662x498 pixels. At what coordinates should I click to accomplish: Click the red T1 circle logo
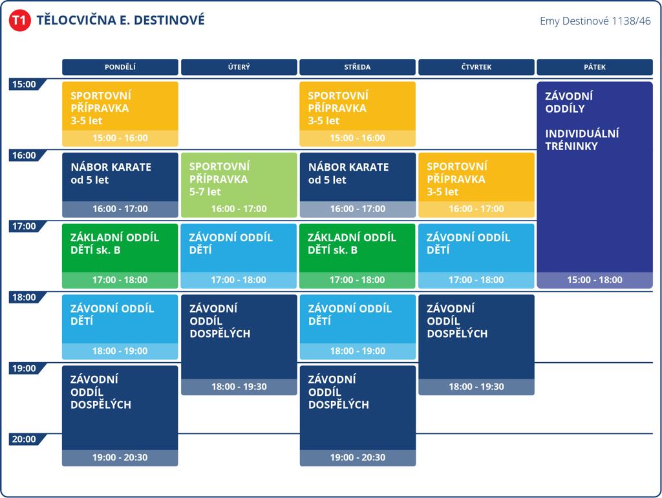pyautogui.click(x=19, y=20)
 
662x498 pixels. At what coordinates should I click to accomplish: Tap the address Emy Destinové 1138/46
pyautogui.click(x=595, y=21)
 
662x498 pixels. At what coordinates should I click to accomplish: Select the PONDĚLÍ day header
pyautogui.click(x=120, y=67)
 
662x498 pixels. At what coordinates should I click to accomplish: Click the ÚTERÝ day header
pyautogui.click(x=239, y=67)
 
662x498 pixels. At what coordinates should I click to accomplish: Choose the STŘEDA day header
pyautogui.click(x=358, y=67)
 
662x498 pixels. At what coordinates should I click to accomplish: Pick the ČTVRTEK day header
pyautogui.click(x=476, y=67)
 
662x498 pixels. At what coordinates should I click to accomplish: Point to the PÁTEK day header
pyautogui.click(x=595, y=67)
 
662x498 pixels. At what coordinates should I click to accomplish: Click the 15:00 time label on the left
pyautogui.click(x=25, y=85)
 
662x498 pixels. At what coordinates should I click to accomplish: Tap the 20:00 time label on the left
pyautogui.click(x=25, y=439)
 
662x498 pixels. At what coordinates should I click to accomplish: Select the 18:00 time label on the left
pyautogui.click(x=25, y=298)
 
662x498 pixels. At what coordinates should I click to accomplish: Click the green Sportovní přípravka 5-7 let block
pyautogui.click(x=239, y=185)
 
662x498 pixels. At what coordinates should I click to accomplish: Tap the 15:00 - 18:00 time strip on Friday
pyautogui.click(x=595, y=280)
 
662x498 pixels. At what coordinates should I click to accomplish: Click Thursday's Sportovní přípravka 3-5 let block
pyautogui.click(x=476, y=185)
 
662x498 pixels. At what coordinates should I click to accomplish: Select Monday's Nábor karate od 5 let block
pyautogui.click(x=120, y=185)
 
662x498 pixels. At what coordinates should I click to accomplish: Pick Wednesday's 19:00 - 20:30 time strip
pyautogui.click(x=358, y=457)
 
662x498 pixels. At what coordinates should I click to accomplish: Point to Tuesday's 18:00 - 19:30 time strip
pyautogui.click(x=239, y=387)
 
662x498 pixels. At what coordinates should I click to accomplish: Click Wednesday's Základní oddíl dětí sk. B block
pyautogui.click(x=358, y=256)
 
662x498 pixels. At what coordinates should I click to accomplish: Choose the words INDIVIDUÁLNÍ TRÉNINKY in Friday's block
pyautogui.click(x=582, y=140)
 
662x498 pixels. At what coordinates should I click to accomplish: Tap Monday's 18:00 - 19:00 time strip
pyautogui.click(x=120, y=351)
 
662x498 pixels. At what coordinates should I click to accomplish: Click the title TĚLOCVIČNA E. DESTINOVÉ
pyautogui.click(x=121, y=20)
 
